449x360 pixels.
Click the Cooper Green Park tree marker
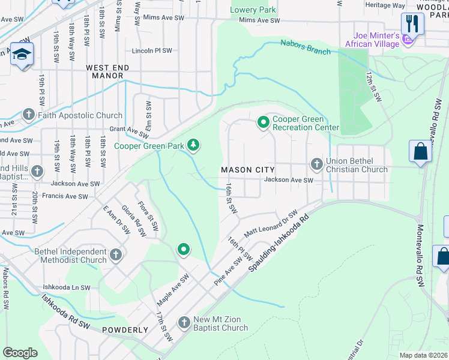pyautogui.click(x=193, y=145)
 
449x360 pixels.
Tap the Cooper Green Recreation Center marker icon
pyautogui.click(x=263, y=122)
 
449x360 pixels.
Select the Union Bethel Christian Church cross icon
pyautogui.click(x=316, y=164)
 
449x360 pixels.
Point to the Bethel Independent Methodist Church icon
pyautogui.click(x=116, y=255)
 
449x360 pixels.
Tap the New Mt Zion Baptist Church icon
pyautogui.click(x=184, y=323)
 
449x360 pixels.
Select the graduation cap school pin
pyautogui.click(x=22, y=54)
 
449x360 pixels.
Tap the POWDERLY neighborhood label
pyautogui.click(x=125, y=330)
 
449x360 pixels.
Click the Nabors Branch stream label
pyautogui.click(x=306, y=47)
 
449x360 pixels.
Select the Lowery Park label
pyautogui.click(x=253, y=10)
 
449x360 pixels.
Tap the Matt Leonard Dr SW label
pyautogui.click(x=271, y=223)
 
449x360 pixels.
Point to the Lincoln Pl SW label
pyautogui.click(x=152, y=51)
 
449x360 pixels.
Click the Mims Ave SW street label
pyautogui.click(x=259, y=20)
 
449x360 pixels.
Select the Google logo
pyautogui.click(x=20, y=352)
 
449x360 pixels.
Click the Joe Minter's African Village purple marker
pyautogui.click(x=408, y=40)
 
